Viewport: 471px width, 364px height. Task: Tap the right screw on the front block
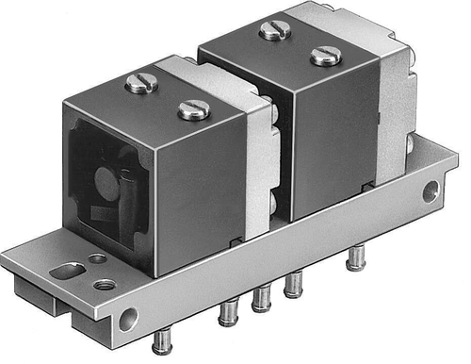pyautogui.click(x=194, y=109)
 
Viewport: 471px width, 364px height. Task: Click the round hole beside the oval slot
pyautogui.click(x=97, y=258)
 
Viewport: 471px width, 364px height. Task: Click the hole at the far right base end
pyautogui.click(x=430, y=192)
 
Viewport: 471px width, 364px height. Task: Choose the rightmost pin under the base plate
pyautogui.click(x=354, y=256)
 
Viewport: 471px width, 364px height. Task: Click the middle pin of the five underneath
pyautogui.click(x=260, y=298)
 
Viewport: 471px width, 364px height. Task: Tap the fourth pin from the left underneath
pyautogui.click(x=294, y=282)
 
